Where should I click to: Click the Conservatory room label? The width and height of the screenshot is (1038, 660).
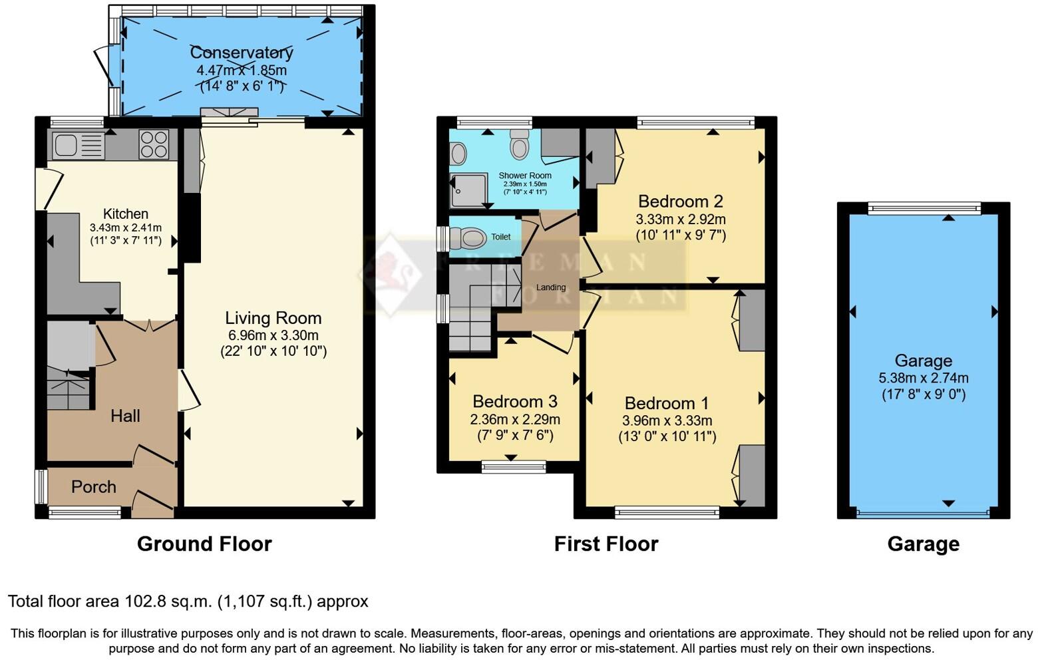(242, 53)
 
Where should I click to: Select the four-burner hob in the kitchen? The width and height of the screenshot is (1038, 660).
(154, 144)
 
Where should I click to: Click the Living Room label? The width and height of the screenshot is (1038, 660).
(273, 318)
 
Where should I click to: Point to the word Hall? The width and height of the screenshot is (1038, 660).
(125, 416)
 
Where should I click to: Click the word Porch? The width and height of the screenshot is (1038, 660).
(94, 486)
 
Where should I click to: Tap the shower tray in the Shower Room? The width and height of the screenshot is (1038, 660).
(468, 190)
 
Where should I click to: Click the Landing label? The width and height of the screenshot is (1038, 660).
(550, 287)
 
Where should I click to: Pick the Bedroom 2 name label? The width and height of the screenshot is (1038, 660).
(680, 201)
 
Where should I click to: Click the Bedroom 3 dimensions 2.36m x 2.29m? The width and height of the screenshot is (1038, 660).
(515, 419)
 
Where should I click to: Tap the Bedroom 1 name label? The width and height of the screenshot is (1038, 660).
(666, 403)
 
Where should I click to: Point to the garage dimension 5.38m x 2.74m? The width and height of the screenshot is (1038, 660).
(924, 378)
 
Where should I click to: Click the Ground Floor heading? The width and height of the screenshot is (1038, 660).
(204, 544)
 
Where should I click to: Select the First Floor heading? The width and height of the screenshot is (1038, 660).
(606, 544)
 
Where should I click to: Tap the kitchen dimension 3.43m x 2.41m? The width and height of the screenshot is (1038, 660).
(126, 228)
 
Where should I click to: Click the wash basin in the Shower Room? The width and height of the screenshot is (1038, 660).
(458, 154)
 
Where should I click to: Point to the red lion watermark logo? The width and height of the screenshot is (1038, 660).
(390, 274)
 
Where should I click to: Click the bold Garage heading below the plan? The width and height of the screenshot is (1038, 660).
(923, 544)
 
